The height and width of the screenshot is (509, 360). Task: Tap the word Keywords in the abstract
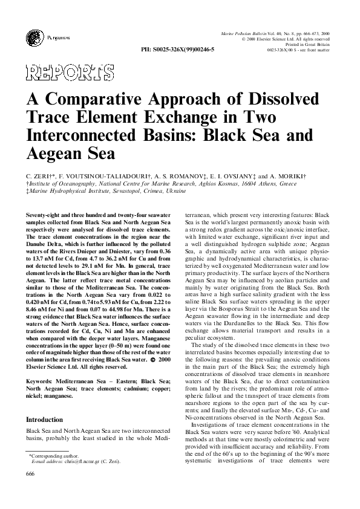pos(41,380)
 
